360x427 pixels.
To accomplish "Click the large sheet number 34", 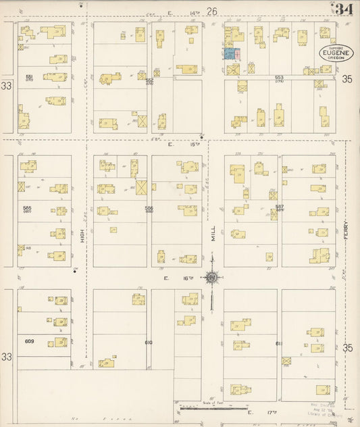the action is pos(344,9).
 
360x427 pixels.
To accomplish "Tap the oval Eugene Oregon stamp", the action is pos(336,53).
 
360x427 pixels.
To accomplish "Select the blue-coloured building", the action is pos(230,53).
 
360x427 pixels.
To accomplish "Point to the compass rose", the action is pos(212,277).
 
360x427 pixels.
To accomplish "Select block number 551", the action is pos(29,77).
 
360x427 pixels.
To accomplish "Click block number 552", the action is pos(149,80).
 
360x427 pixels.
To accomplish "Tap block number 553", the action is pos(279,78).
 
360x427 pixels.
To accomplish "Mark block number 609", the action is pos(29,341).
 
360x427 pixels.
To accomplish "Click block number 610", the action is pos(149,343).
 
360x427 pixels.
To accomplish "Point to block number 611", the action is pos(278,343).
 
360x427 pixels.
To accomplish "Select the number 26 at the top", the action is pos(212,11).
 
